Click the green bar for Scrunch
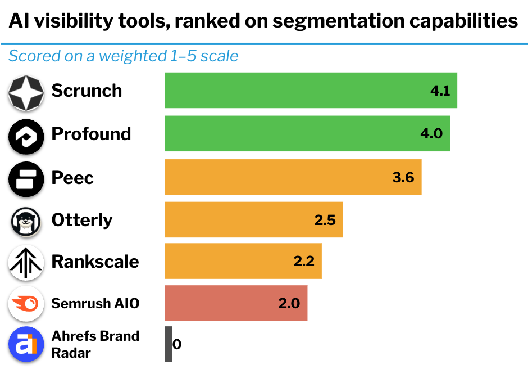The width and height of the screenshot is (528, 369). coord(311,90)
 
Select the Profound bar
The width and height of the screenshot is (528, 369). coord(307,133)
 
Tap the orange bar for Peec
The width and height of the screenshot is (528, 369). coord(293,177)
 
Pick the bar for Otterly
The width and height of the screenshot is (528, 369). coord(253,219)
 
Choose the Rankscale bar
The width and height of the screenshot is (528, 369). coord(243,261)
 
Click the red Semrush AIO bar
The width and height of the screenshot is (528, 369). coord(236,303)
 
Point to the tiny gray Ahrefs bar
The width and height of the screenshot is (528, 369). coord(168,344)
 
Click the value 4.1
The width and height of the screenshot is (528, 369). coord(440,91)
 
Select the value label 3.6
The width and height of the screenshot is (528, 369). coord(403,178)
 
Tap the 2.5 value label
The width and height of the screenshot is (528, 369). coord(325,220)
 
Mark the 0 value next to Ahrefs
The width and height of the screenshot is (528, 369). coord(177,344)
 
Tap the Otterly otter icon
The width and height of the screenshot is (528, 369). coord(26,222)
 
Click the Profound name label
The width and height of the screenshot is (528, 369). coord(91,134)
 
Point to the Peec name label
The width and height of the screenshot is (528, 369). coord(72,178)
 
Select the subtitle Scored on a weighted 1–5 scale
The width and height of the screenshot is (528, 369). coord(124,56)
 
